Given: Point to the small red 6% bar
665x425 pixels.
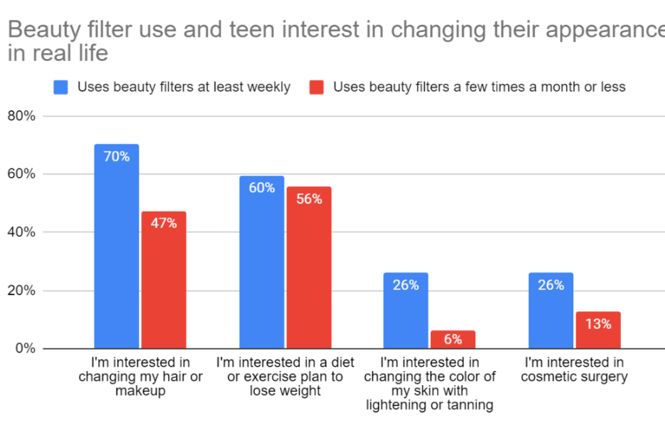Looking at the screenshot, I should coord(453,340).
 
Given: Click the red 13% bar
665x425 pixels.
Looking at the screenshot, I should coord(598,330).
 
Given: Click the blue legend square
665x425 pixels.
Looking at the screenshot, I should coord(60,87).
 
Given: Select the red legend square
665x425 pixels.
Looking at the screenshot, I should coord(317,87).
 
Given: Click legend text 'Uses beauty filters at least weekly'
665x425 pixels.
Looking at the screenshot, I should coord(183,87).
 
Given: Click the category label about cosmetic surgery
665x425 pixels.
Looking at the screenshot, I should coord(574,370).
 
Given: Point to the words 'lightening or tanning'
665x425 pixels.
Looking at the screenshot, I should coord(429,405).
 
